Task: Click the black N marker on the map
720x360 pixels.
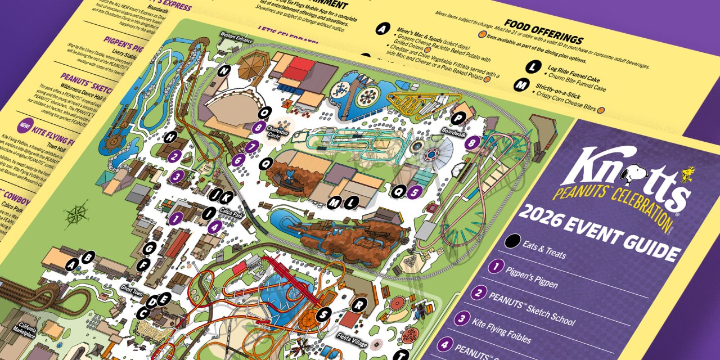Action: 224,71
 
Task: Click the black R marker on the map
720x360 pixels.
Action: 358,304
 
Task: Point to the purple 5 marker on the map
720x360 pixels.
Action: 415,191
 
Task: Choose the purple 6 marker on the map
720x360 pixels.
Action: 238,160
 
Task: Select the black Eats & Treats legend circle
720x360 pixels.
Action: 512,242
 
